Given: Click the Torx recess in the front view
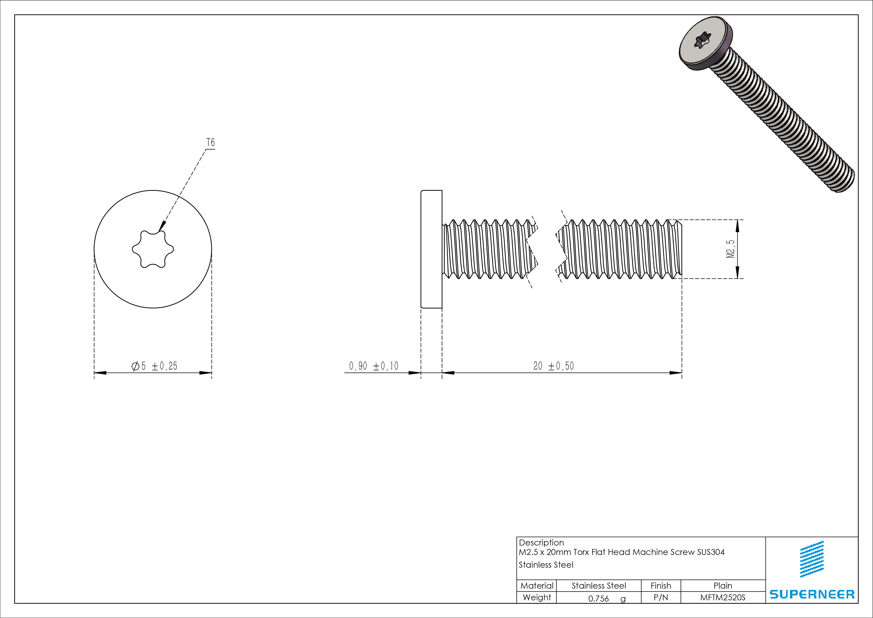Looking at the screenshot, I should point(153,249).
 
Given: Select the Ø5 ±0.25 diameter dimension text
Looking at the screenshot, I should point(154,366).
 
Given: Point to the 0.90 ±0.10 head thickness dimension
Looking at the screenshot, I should point(373,366).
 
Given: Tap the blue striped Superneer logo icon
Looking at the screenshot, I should point(812,559).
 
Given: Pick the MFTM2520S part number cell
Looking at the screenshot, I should point(722,598).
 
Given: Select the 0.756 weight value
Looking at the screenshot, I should point(598,599).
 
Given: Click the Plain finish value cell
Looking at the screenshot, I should point(722,586).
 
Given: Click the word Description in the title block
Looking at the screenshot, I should point(541,543).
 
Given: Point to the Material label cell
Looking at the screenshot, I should point(536,586).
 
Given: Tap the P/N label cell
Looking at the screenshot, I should point(660,598).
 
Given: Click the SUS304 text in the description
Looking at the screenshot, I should point(711,552).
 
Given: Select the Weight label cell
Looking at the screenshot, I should point(536,598).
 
